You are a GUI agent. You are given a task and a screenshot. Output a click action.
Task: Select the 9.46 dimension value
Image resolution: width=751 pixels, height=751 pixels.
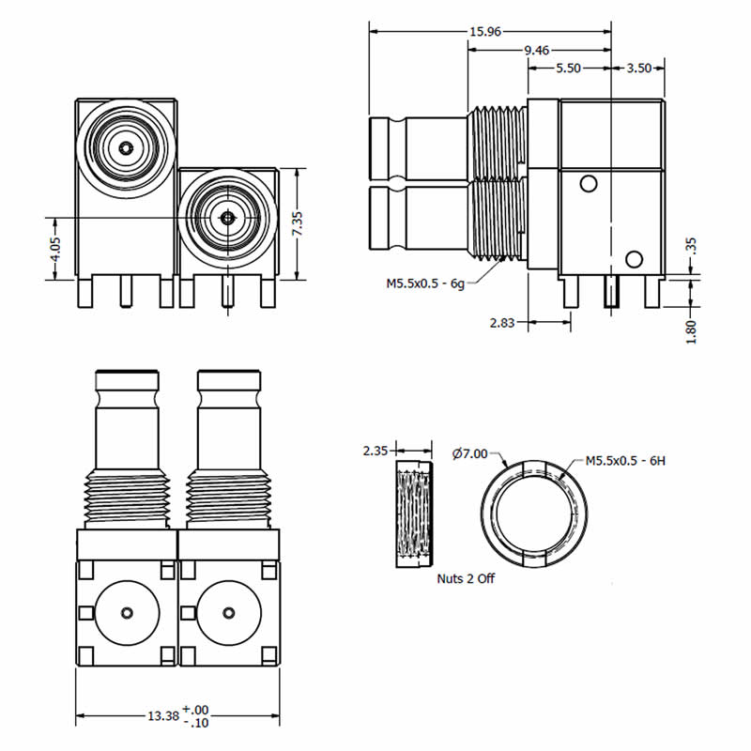(x=537, y=51)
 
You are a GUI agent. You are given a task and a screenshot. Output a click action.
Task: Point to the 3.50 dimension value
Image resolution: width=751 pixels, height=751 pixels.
(x=638, y=69)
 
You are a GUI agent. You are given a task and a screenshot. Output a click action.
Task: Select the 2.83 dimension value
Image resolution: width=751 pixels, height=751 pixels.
(x=503, y=323)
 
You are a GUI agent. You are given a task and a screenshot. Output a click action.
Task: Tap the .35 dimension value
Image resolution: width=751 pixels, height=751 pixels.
(x=692, y=247)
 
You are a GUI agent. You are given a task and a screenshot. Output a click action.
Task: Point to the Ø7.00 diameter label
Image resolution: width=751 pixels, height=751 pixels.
(x=469, y=454)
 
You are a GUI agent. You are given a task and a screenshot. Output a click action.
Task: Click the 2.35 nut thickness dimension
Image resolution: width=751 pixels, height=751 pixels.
(x=375, y=451)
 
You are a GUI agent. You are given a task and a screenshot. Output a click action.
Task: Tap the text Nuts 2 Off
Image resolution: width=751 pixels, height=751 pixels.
(x=466, y=578)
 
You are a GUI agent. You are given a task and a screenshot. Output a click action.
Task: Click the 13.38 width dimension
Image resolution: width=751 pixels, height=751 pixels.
(x=161, y=715)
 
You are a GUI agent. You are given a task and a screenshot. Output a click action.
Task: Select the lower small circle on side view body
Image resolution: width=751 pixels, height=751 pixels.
(x=634, y=259)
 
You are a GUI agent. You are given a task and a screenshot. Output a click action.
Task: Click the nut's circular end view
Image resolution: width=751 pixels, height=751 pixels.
(x=532, y=513)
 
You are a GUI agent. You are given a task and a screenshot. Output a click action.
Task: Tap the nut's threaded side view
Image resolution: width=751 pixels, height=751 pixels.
(x=414, y=514)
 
